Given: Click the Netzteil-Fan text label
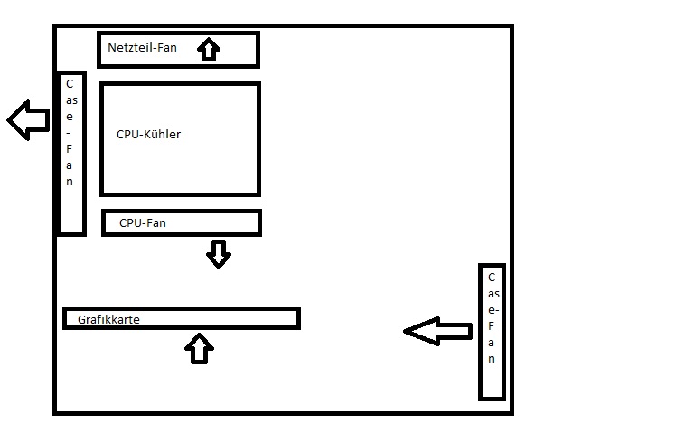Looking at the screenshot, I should [x=142, y=48].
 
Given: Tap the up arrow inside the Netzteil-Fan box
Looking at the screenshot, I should [x=209, y=49].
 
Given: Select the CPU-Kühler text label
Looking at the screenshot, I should [x=148, y=135].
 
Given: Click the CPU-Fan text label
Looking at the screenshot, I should [x=142, y=222].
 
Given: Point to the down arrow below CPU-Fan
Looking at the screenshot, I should [x=218, y=254].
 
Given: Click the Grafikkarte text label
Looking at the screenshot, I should [x=108, y=319].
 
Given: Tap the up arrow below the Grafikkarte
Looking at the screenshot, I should [x=199, y=348].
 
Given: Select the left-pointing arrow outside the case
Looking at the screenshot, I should [x=28, y=119].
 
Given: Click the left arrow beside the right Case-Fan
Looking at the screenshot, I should [x=437, y=332].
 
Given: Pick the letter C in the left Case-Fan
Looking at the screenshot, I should [x=70, y=83].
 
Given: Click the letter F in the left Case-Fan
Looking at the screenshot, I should [x=70, y=149].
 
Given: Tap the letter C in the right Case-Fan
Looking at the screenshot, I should [x=491, y=278].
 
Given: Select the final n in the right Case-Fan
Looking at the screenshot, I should [x=491, y=359].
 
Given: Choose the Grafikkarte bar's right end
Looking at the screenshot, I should [x=295, y=318].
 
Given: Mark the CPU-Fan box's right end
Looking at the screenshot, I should [x=258, y=222].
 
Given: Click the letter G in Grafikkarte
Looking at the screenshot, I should [x=82, y=319].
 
